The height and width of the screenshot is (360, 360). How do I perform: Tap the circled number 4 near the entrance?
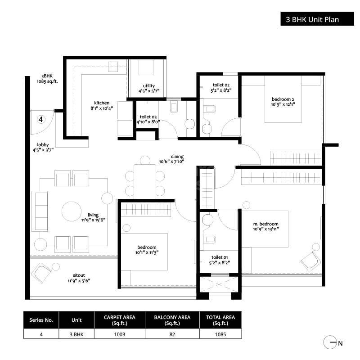[x=41, y=119]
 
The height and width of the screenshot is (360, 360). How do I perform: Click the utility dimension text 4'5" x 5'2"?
[x=149, y=91]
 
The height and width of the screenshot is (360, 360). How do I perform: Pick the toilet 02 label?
[x=221, y=85]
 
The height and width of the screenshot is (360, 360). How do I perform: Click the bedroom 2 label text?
[x=283, y=99]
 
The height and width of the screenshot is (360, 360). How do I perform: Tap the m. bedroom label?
[x=266, y=224]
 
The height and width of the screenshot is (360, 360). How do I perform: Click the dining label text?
[x=171, y=156]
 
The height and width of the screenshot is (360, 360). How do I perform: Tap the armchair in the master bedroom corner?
[x=310, y=260]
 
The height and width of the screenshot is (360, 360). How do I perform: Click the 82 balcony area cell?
[x=172, y=334]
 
